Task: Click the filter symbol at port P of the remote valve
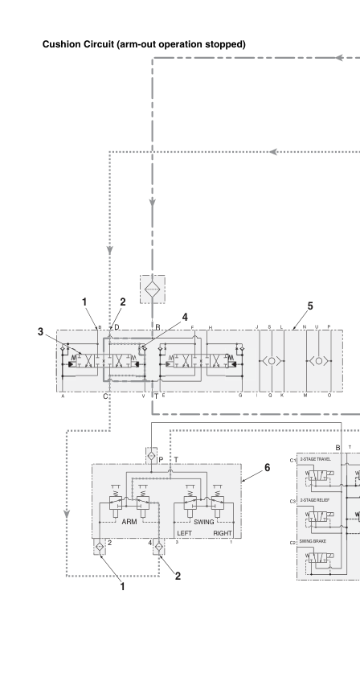150,455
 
